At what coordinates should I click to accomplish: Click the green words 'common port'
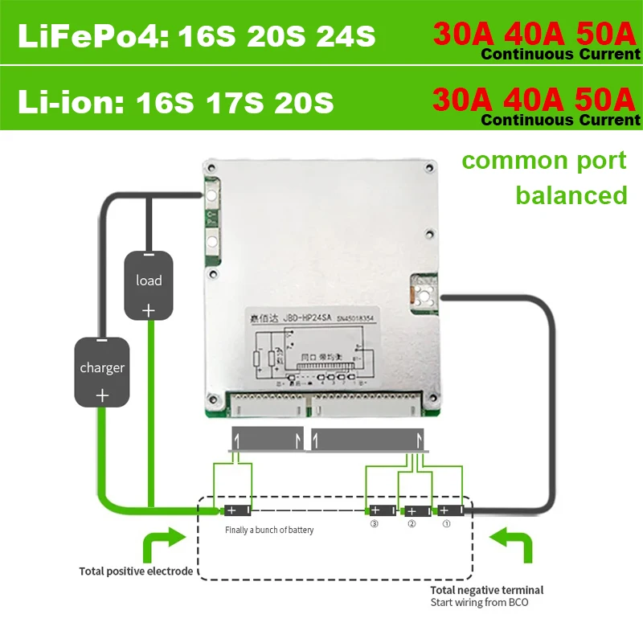coord(544,160)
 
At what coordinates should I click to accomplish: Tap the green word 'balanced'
coord(571,195)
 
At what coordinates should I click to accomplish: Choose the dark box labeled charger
coord(102,372)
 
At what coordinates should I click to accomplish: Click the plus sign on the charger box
coord(102,395)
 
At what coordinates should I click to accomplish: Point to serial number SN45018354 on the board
coord(372,317)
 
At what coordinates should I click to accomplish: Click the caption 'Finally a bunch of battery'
coord(269,530)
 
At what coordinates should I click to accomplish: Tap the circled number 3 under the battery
coord(374,524)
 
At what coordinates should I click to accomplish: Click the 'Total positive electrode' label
coord(136,571)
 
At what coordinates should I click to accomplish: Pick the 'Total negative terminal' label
coord(486,590)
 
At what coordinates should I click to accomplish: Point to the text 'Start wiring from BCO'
coord(480,602)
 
